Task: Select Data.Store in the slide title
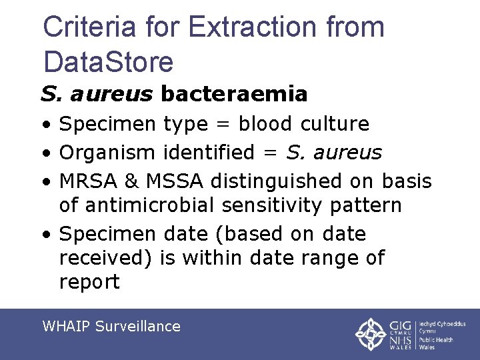pos(108,61)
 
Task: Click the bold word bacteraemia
pos(234,94)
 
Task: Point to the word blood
pos(266,124)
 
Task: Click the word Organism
pos(108,153)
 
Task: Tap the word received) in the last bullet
pos(107,258)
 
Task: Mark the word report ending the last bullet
pos(89,282)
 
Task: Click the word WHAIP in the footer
pos(66,326)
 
